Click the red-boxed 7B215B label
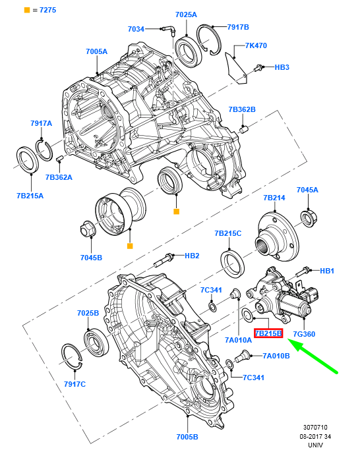[268, 333]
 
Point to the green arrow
[313, 356]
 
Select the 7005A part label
[96, 51]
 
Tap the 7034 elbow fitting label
[136, 29]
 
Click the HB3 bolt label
[282, 67]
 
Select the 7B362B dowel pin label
[242, 109]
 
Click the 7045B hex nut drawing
[87, 229]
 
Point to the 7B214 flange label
[274, 198]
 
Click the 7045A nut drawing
[309, 219]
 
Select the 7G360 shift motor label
[304, 334]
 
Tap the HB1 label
[327, 271]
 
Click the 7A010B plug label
[276, 356]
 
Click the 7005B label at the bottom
[187, 437]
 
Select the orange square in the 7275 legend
[27, 10]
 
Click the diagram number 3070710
[315, 428]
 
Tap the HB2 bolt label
[192, 256]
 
